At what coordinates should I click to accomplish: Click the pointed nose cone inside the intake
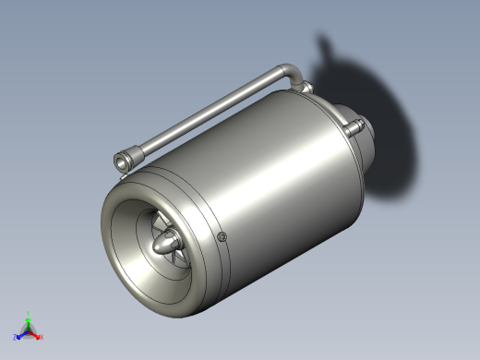pyautogui.click(x=167, y=245)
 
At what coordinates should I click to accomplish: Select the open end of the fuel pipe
pyautogui.click(x=121, y=163)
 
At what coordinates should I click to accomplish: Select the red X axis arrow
pyautogui.click(x=37, y=335)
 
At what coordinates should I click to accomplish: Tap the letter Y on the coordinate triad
pyautogui.click(x=28, y=313)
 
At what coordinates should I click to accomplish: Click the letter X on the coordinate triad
pyautogui.click(x=42, y=338)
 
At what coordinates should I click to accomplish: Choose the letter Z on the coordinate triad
pyautogui.click(x=15, y=338)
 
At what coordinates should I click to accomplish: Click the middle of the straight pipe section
pyautogui.click(x=208, y=114)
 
